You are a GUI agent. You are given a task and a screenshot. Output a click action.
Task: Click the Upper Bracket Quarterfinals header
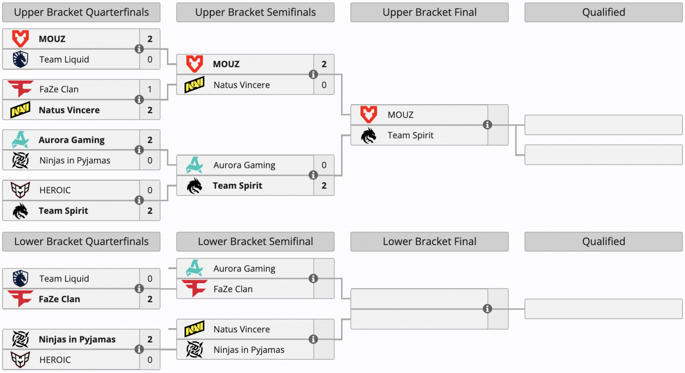point(81,12)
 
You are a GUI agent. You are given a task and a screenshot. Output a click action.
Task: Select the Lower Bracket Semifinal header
point(255,242)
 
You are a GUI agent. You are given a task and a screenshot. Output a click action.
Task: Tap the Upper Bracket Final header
point(429,12)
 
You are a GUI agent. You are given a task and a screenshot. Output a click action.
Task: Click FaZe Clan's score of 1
point(150,89)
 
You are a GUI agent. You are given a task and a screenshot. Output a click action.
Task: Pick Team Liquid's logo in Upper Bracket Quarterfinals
point(21,59)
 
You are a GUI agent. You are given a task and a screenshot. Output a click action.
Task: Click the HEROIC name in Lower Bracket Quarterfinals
point(55,360)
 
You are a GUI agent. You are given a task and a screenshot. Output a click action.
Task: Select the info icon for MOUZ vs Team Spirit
point(488,124)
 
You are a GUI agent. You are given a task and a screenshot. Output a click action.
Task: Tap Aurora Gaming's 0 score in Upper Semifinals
point(324,165)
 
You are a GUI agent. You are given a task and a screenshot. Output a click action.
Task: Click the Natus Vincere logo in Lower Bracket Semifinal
point(194,329)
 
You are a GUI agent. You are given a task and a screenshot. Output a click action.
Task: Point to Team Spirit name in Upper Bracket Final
point(411,135)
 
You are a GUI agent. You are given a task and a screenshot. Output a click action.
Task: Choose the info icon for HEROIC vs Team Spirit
point(139,200)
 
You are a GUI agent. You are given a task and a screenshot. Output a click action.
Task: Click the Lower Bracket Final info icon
point(488,309)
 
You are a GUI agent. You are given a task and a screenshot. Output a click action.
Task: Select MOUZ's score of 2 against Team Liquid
point(150,39)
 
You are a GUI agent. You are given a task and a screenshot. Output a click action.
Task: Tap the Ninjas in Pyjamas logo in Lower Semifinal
point(194,349)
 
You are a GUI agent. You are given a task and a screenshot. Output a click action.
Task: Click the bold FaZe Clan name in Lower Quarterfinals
point(60,299)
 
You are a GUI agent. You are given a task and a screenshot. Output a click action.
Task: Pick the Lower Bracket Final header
point(429,242)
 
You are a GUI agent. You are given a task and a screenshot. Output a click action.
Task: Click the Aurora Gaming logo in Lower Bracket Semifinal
point(194,268)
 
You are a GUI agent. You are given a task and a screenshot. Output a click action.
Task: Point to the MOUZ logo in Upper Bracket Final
point(369,115)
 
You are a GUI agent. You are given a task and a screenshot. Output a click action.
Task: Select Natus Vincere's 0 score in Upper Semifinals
point(324,85)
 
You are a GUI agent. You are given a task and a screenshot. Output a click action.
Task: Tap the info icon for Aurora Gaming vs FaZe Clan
point(313,278)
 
